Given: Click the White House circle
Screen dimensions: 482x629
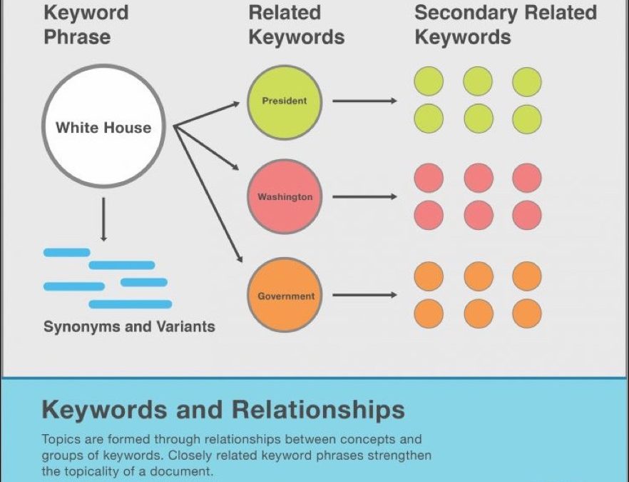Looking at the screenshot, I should tap(104, 128).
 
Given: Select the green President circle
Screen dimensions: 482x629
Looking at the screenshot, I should tap(285, 101).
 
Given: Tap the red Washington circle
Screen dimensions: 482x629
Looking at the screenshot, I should tap(285, 196).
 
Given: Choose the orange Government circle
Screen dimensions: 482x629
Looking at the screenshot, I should tap(285, 296).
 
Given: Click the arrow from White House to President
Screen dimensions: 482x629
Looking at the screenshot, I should tap(207, 114).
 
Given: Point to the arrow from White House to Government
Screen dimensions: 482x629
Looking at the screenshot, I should tap(207, 192).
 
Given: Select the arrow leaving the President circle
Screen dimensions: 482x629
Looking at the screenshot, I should tap(364, 101).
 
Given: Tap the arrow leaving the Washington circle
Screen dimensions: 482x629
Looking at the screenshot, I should tap(364, 196).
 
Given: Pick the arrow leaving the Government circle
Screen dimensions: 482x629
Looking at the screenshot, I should tap(364, 295).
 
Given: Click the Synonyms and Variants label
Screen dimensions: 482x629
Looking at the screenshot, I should tap(129, 327).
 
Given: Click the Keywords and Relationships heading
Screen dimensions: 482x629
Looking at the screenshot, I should tap(223, 410).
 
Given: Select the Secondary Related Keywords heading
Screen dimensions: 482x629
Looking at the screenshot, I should tap(505, 25).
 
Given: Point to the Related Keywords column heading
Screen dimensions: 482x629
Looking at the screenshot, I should tap(296, 25).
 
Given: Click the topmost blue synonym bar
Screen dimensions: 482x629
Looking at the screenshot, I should tap(67, 252).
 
